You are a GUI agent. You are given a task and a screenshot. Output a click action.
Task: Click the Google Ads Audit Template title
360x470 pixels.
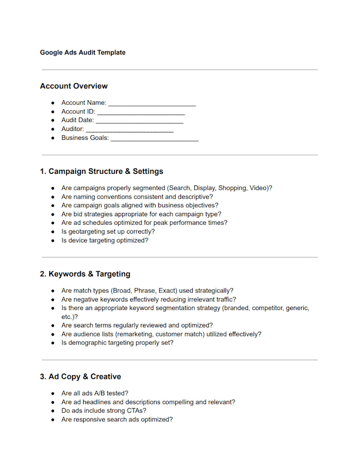83,52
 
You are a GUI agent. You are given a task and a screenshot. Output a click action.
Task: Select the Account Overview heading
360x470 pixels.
74,86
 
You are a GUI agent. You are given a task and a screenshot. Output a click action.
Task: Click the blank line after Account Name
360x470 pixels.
152,103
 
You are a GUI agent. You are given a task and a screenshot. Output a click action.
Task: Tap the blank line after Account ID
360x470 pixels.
141,112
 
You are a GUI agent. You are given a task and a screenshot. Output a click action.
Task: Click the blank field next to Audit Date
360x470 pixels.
139,121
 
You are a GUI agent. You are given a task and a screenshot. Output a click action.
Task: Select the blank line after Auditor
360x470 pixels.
130,129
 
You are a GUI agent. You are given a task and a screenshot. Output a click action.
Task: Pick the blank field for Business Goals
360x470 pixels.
154,138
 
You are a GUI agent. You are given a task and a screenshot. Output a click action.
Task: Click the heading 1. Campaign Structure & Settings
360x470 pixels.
101,171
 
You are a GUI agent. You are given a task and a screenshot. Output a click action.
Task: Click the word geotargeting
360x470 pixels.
87,232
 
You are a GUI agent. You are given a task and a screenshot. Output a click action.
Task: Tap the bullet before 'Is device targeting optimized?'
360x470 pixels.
53,241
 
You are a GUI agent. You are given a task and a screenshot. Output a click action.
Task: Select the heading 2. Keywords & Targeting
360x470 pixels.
85,274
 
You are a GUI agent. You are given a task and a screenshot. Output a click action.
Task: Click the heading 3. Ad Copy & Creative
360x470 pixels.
80,377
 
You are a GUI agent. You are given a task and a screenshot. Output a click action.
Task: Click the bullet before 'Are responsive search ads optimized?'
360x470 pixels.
53,420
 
